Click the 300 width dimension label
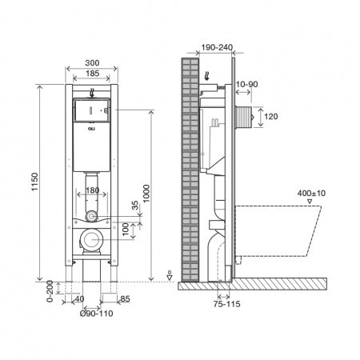click(x=92, y=63)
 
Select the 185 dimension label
click(x=92, y=74)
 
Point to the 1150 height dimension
click(x=35, y=182)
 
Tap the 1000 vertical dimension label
click(x=146, y=194)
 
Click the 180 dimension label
click(x=93, y=190)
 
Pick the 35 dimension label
click(x=135, y=205)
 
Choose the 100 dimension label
click(x=126, y=230)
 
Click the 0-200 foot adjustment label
click(x=50, y=291)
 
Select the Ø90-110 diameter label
click(x=96, y=314)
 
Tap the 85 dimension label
click(x=125, y=299)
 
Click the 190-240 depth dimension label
click(x=217, y=47)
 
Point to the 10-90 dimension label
click(x=246, y=84)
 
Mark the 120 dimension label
click(x=271, y=116)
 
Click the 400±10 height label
click(x=311, y=193)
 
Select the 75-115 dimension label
click(x=226, y=304)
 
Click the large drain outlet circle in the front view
click(x=91, y=239)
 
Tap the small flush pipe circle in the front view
click(x=91, y=216)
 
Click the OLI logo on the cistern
click(x=91, y=129)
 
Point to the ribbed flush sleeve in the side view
click(x=243, y=117)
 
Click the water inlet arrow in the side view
click(x=206, y=76)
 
